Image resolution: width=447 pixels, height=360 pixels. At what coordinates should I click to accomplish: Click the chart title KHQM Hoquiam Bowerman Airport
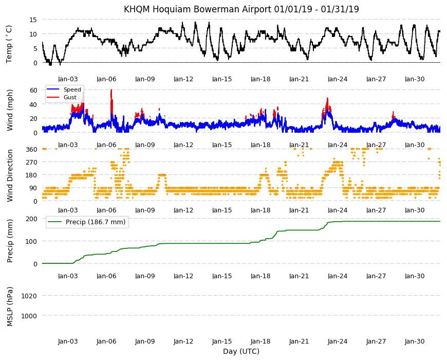(x=197, y=9)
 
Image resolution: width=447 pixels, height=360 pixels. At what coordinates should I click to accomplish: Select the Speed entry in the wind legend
(x=72, y=89)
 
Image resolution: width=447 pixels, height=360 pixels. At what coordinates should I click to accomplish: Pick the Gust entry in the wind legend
(x=70, y=97)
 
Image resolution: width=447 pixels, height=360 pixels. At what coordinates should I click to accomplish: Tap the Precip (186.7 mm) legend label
(x=96, y=222)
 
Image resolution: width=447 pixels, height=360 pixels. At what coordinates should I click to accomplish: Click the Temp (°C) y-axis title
(x=9, y=44)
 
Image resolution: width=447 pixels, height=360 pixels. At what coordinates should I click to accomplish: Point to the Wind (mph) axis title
(x=10, y=110)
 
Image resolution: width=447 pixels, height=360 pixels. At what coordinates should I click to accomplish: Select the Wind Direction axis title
(x=10, y=175)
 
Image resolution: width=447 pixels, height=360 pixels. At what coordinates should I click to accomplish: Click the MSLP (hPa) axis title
(x=10, y=306)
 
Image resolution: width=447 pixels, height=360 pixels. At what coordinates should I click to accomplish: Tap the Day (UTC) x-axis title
(x=241, y=351)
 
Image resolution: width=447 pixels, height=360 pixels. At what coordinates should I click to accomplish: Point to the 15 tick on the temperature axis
(x=33, y=20)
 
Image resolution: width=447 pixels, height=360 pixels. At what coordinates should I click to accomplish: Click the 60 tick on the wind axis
(x=33, y=90)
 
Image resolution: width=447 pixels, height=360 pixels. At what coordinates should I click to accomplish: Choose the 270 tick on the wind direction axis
(x=31, y=163)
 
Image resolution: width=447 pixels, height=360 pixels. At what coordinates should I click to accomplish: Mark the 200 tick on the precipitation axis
(x=31, y=219)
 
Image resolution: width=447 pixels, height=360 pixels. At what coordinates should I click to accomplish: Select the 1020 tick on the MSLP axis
(x=29, y=296)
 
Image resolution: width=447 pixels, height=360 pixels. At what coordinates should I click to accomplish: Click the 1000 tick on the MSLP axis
(x=29, y=316)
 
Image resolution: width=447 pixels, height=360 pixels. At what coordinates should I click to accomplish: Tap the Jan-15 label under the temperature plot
(x=222, y=79)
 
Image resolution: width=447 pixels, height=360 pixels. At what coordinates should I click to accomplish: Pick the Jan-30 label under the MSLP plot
(x=415, y=341)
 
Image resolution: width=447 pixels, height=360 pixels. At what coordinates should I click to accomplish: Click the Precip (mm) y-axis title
(x=10, y=241)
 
